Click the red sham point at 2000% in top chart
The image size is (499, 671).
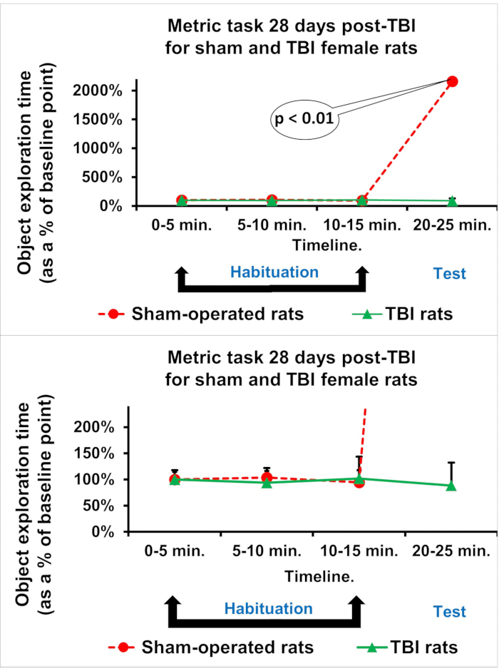pyautogui.click(x=451, y=82)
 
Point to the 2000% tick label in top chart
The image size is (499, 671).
pyautogui.click(x=101, y=91)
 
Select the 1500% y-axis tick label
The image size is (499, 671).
pyautogui.click(x=101, y=120)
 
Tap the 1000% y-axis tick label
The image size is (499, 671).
pyautogui.click(x=101, y=148)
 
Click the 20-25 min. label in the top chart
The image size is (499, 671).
pyautogui.click(x=451, y=225)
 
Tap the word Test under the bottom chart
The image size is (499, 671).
pyautogui.click(x=449, y=611)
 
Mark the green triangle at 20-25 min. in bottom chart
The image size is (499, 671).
pyautogui.click(x=451, y=486)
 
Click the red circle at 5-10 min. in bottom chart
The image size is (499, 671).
pyautogui.click(x=267, y=477)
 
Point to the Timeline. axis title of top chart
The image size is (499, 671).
pyautogui.click(x=317, y=243)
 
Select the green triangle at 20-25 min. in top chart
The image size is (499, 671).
pyautogui.click(x=451, y=201)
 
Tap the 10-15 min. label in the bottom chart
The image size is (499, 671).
pyautogui.click(x=359, y=551)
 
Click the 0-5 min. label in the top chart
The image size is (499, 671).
pyautogui.click(x=181, y=225)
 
